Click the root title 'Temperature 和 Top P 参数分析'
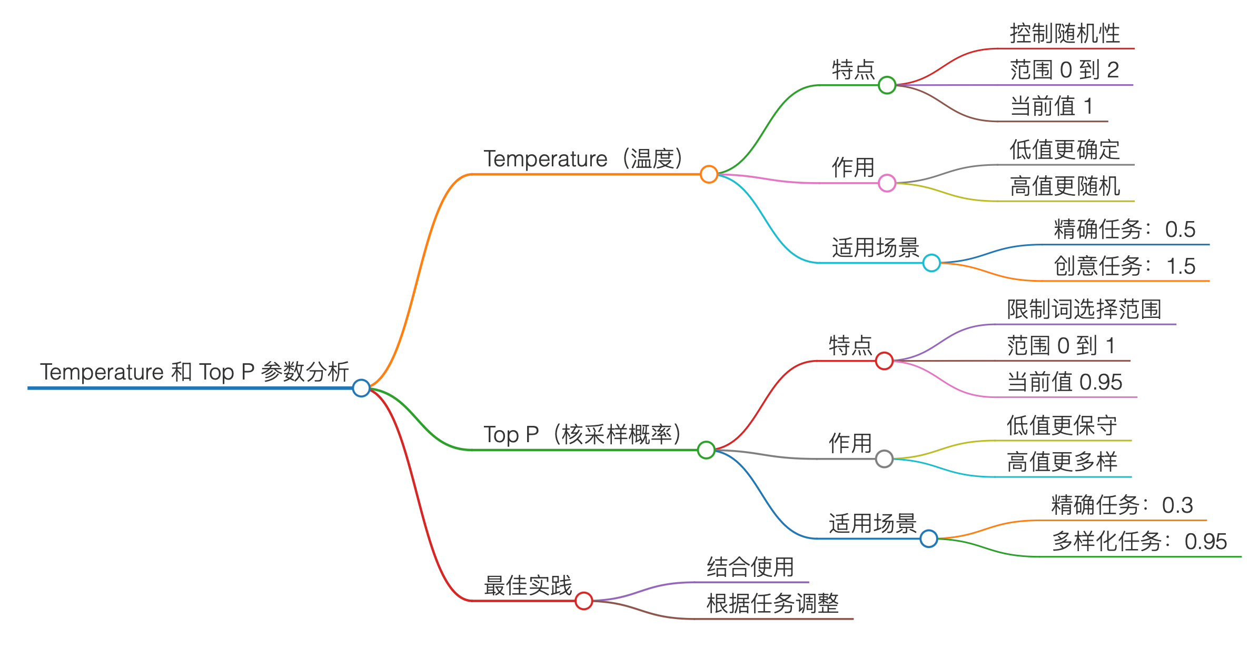click(194, 372)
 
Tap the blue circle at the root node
click(361, 388)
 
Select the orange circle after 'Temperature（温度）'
click(709, 174)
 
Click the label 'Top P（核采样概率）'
click(582, 435)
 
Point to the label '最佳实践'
click(528, 585)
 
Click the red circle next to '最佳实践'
click(583, 601)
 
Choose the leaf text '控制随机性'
click(1065, 34)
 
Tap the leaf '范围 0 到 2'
click(1064, 70)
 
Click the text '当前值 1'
click(1052, 106)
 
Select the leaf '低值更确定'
click(1065, 150)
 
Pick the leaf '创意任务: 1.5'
click(1125, 266)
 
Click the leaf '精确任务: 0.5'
click(1125, 230)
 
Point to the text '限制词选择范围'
click(1084, 310)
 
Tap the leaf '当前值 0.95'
click(1065, 382)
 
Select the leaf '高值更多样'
click(1062, 462)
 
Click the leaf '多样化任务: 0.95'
click(1139, 542)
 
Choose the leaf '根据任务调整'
click(772, 604)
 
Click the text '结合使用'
click(750, 567)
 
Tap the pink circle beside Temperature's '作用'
click(887, 183)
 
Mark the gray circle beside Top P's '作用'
click(884, 458)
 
